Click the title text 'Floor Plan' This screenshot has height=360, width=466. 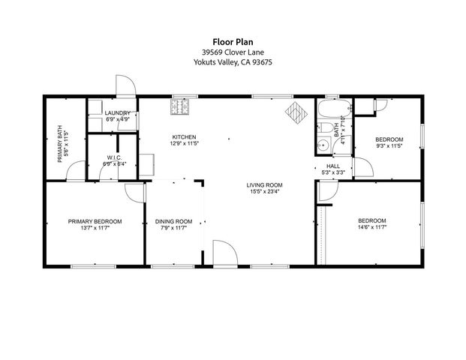coord(232,42)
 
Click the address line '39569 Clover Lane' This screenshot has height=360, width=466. coord(232,52)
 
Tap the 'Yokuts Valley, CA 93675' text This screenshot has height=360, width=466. coord(232,63)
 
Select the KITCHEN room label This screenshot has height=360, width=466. coord(184,136)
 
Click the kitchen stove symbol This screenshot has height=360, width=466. coord(181,109)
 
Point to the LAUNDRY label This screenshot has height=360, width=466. coord(118,113)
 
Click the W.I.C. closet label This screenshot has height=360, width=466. coord(114,157)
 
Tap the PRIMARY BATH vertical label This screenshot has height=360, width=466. coord(62,143)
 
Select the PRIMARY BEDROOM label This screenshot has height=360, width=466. coord(95,221)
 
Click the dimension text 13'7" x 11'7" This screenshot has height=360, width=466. coord(95,229)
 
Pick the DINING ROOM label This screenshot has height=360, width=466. coord(174,221)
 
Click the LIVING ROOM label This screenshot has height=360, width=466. coord(264,184)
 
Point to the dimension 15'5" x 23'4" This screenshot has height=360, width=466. coord(264,192)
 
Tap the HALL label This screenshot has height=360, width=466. coord(333,166)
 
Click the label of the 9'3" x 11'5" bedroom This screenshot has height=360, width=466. coord(389,139)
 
